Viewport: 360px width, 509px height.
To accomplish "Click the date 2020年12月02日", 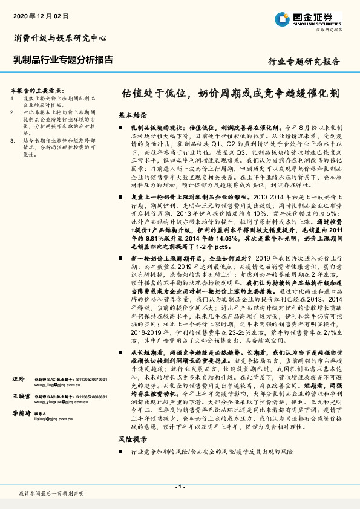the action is coord(38,15).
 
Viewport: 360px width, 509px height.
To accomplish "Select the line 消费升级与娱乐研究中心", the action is coord(61,38).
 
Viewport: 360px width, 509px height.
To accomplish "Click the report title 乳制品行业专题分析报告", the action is coord(63,59).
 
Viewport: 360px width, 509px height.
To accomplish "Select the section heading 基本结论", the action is coord(132,114).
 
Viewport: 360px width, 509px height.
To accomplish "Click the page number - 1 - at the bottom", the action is coord(180,486).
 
